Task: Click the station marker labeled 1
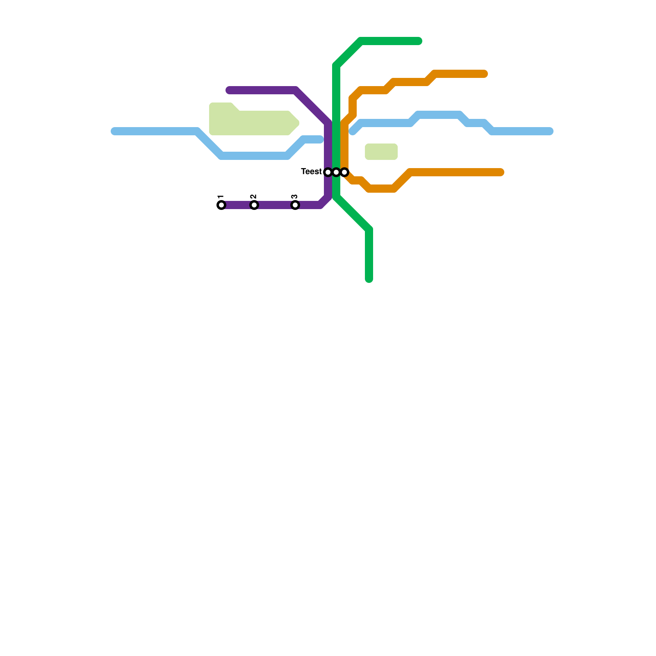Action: (x=221, y=205)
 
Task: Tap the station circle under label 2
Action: (x=254, y=205)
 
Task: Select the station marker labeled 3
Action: (x=295, y=205)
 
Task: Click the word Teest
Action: (x=311, y=171)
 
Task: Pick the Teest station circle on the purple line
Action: (x=328, y=172)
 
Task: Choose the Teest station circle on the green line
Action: (x=336, y=172)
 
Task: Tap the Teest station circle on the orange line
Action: (x=345, y=172)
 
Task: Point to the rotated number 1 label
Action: (x=221, y=197)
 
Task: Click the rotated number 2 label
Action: (x=253, y=197)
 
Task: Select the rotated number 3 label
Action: (x=294, y=197)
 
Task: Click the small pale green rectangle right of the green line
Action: (x=381, y=152)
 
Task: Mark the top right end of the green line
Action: (x=419, y=41)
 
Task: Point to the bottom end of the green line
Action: (x=369, y=280)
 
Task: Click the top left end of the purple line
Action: (x=229, y=90)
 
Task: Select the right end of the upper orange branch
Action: (x=485, y=74)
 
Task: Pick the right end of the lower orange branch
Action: (x=501, y=172)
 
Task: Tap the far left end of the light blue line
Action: (x=114, y=131)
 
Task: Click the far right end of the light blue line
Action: (x=550, y=131)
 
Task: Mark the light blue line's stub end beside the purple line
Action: (x=320, y=139)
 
